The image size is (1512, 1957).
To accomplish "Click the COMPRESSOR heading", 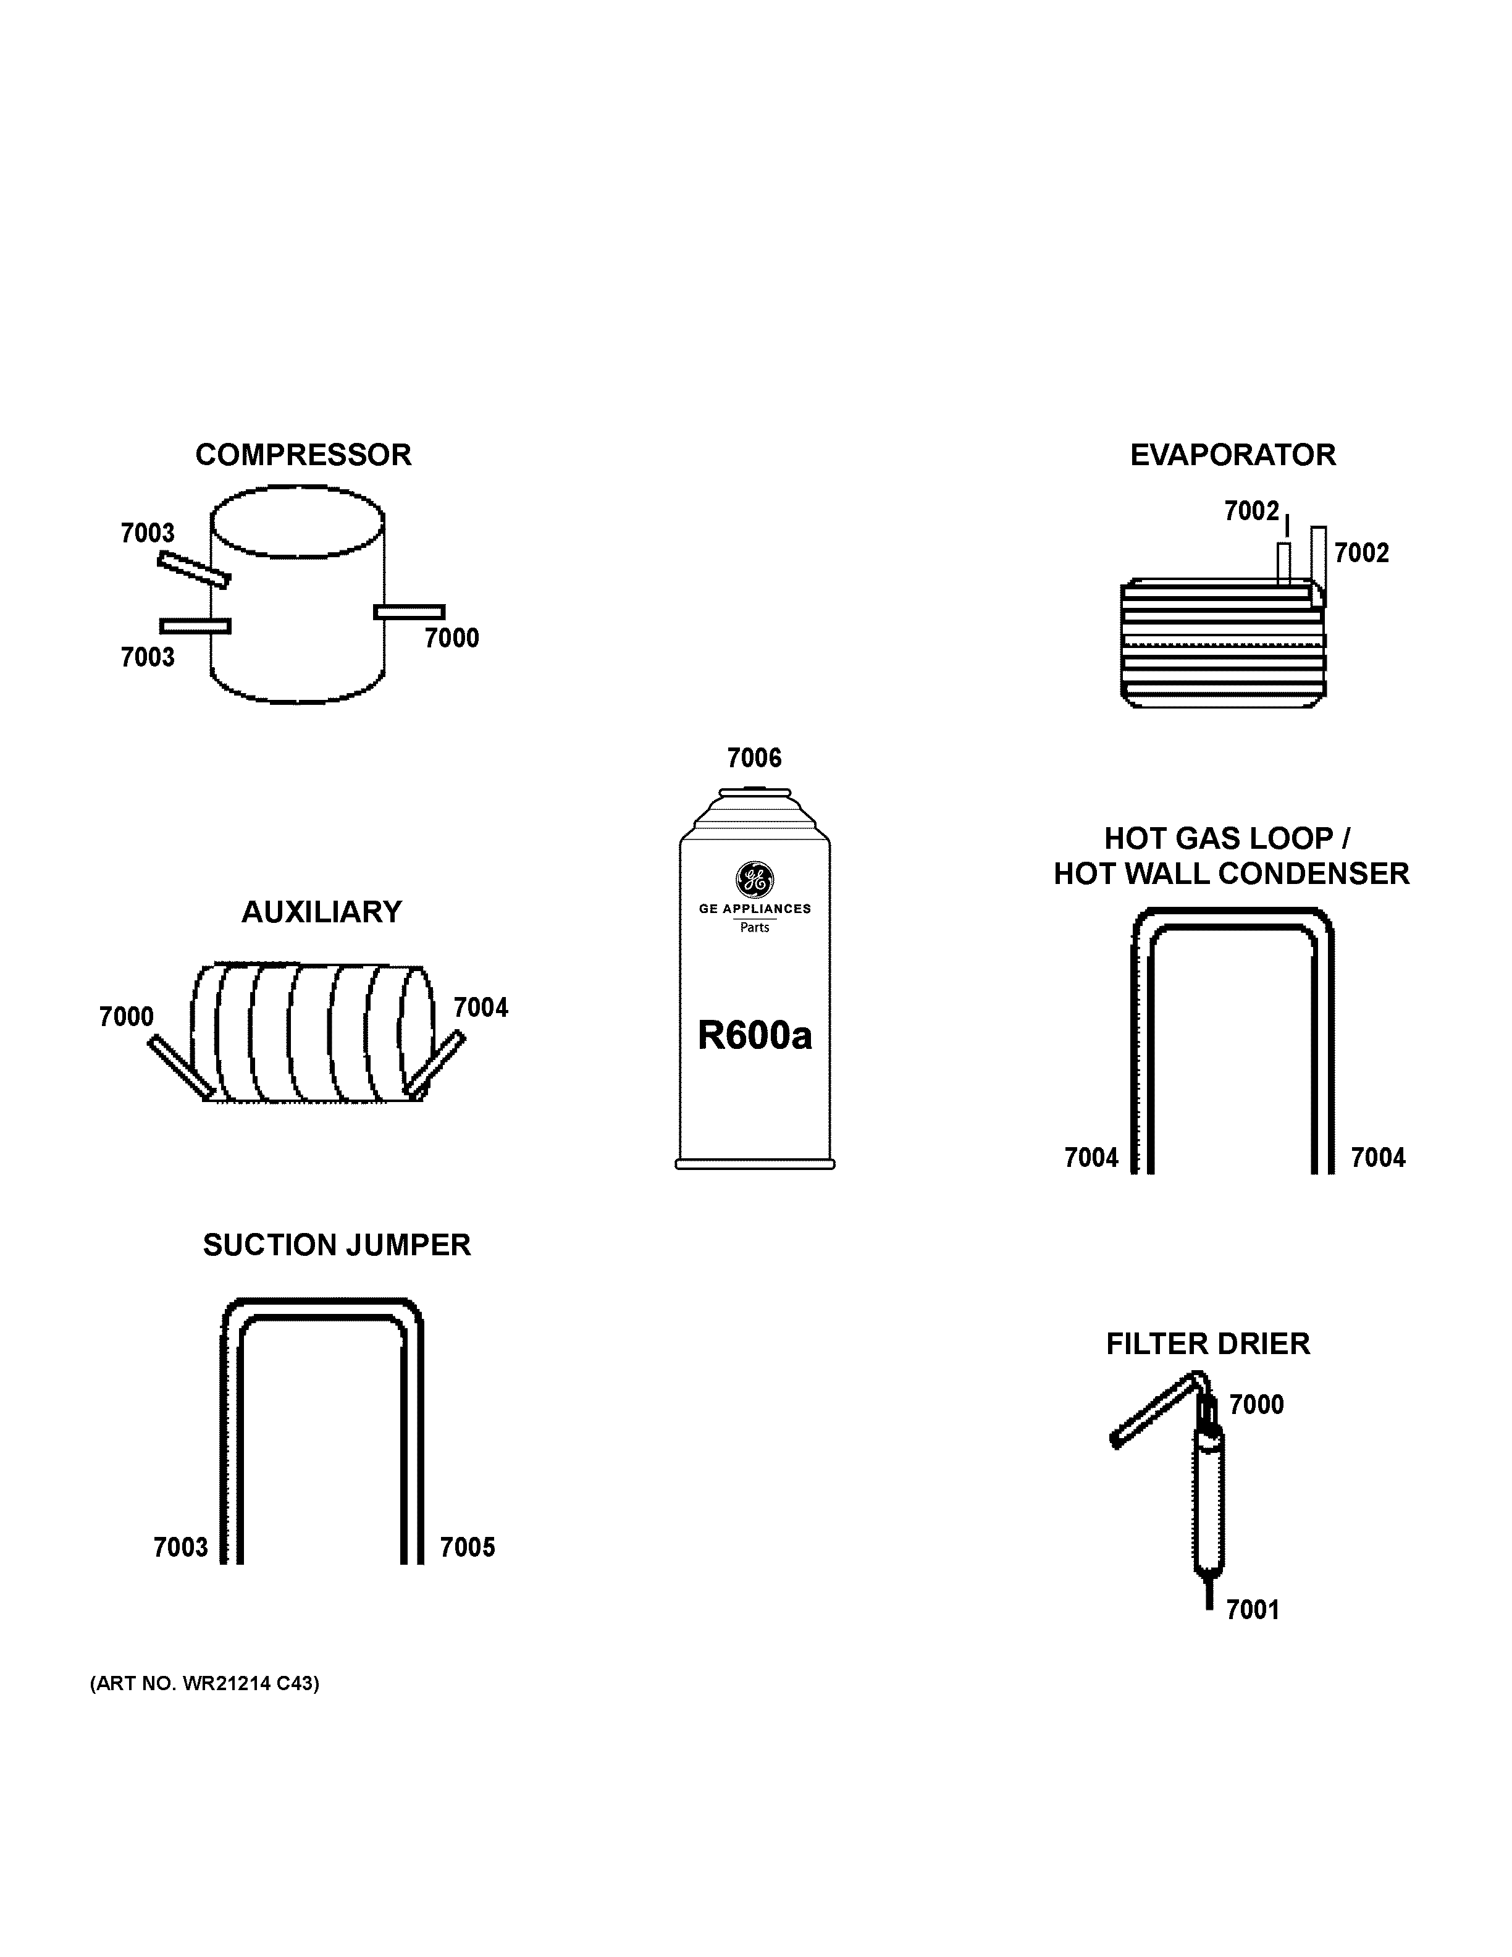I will [303, 455].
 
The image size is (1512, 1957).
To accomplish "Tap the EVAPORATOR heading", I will [1233, 455].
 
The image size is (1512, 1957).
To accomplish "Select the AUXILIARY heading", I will [322, 912].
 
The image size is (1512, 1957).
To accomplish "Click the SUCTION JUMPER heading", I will [337, 1245].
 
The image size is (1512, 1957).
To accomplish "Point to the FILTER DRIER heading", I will [1207, 1344].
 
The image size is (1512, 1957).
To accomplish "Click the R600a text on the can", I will [754, 1036].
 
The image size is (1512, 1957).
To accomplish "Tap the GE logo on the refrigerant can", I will [754, 880].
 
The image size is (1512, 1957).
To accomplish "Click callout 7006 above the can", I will [754, 758].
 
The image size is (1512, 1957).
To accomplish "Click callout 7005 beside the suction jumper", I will [467, 1547].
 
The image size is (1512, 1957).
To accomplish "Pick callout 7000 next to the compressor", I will [451, 638].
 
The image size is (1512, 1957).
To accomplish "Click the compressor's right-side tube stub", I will [409, 612].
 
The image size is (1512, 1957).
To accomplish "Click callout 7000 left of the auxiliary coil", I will [126, 1017].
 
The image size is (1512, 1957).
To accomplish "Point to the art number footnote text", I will [204, 1684].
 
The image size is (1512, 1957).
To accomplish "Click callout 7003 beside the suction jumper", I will [180, 1547].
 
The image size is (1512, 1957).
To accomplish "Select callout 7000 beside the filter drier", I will [1256, 1405].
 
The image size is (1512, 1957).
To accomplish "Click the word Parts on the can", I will [754, 927].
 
